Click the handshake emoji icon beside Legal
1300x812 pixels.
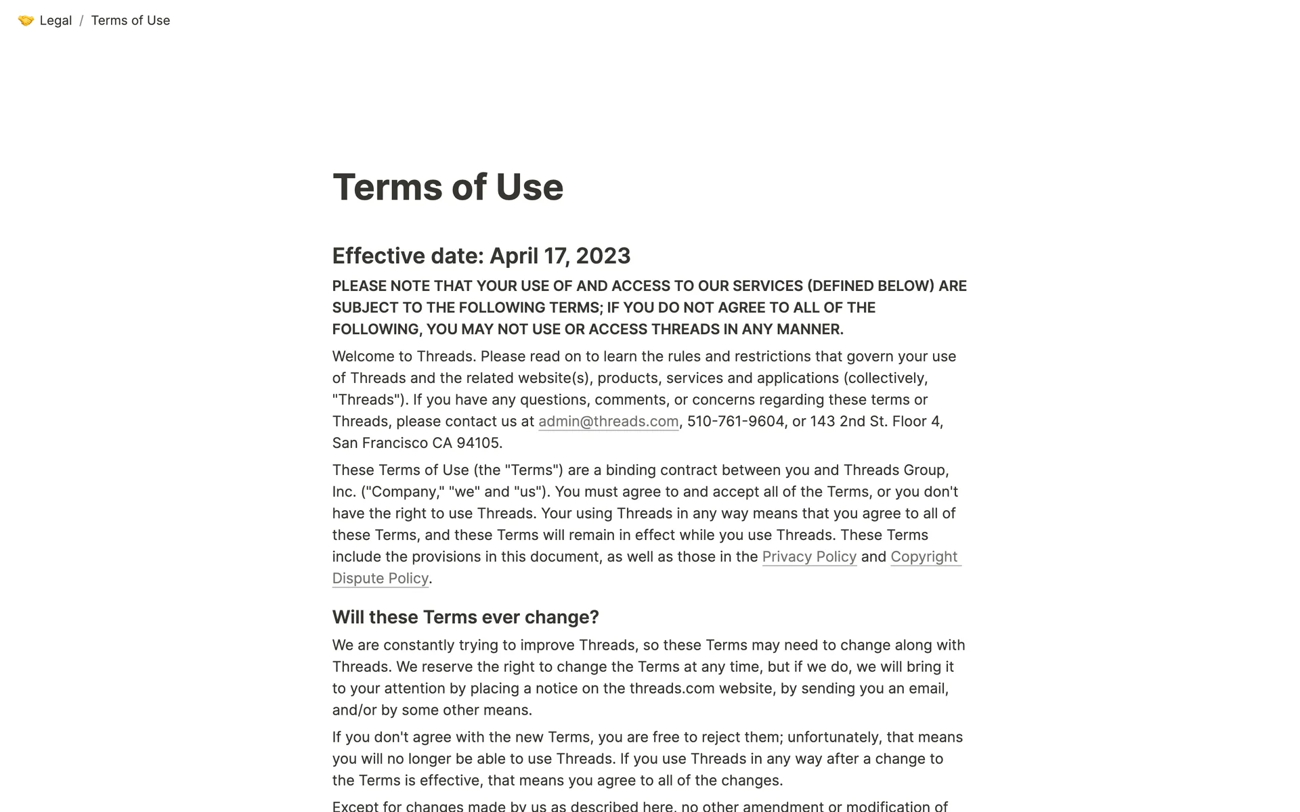(26, 20)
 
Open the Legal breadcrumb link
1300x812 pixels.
(56, 20)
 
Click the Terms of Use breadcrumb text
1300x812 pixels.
(130, 20)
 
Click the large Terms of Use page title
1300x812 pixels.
(448, 187)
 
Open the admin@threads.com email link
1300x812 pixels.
(608, 422)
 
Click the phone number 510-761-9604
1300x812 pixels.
(735, 422)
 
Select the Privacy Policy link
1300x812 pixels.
(809, 557)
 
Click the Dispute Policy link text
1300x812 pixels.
(380, 579)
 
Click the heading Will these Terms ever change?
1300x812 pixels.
(465, 617)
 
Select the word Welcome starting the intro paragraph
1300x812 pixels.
(360, 357)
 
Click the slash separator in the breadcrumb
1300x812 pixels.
(81, 20)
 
